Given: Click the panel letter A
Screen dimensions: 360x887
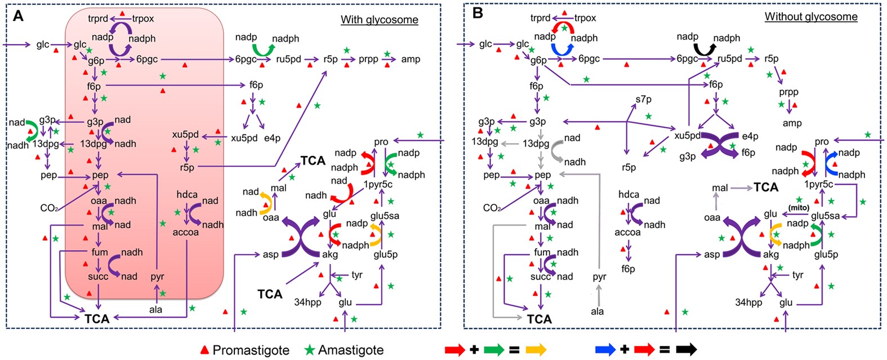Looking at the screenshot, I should click(x=19, y=15).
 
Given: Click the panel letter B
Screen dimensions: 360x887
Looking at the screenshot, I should click(x=478, y=13).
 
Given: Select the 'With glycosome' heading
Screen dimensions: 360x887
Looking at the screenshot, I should click(x=379, y=20).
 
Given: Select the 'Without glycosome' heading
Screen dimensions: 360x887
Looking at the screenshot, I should click(x=810, y=16).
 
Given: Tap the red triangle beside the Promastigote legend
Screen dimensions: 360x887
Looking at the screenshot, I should click(x=205, y=350).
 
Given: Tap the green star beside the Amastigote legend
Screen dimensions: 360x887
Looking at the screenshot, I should click(x=310, y=350).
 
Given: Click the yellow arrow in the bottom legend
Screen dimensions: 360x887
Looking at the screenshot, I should click(x=536, y=350).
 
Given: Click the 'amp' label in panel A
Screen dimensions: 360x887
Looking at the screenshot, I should click(x=410, y=59).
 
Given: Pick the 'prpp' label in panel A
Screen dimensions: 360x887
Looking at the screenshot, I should click(x=368, y=59).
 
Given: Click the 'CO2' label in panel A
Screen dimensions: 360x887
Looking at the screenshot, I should click(x=48, y=208).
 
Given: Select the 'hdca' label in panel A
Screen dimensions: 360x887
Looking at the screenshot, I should click(x=187, y=194).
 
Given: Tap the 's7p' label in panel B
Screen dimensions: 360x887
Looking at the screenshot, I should click(x=643, y=99).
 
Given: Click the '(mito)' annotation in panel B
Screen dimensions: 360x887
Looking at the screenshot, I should click(x=799, y=208).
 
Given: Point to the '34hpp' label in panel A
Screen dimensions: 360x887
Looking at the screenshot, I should click(x=307, y=303).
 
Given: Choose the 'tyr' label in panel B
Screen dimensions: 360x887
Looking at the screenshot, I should click(x=797, y=275).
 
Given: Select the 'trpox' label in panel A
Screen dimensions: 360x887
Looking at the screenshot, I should click(x=143, y=19).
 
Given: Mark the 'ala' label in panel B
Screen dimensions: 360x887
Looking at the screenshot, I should click(x=598, y=311).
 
